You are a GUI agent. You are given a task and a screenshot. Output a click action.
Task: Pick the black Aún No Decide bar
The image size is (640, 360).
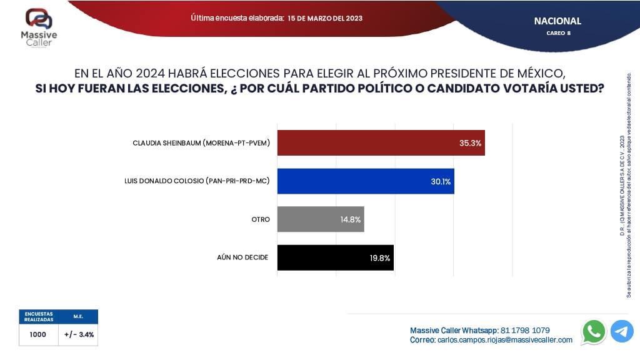pyautogui.click(x=325, y=257)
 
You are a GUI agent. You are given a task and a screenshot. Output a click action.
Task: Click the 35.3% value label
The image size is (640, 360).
pyautogui.click(x=470, y=143)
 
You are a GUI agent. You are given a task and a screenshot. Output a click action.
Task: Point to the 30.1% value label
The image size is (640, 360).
pyautogui.click(x=441, y=182)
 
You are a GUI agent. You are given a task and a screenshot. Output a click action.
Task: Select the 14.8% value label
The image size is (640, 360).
pyautogui.click(x=351, y=220)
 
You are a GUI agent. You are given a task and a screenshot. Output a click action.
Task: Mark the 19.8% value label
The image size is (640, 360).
pyautogui.click(x=379, y=258)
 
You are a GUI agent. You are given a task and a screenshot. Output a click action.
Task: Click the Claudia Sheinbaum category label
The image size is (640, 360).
pyautogui.click(x=201, y=143)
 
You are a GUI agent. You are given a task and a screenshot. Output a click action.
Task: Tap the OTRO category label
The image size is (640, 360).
pyautogui.click(x=260, y=220)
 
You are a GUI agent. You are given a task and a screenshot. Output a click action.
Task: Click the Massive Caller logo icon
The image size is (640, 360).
pyautogui.click(x=39, y=19)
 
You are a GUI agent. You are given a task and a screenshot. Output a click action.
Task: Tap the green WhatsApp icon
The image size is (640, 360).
pyautogui.click(x=593, y=331)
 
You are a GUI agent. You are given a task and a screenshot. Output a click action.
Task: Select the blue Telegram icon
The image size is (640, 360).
pyautogui.click(x=622, y=331)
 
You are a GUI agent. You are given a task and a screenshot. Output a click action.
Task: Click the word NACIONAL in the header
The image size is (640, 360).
pyautogui.click(x=557, y=21)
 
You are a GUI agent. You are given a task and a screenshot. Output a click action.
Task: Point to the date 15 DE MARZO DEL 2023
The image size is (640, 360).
pyautogui.click(x=325, y=18)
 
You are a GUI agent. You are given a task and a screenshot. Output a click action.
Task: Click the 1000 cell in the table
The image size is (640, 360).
pyautogui.click(x=37, y=334)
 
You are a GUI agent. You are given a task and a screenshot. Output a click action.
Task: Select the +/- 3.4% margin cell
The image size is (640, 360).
pyautogui.click(x=79, y=334)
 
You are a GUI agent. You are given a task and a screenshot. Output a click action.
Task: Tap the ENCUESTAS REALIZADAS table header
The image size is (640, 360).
pyautogui.click(x=39, y=316)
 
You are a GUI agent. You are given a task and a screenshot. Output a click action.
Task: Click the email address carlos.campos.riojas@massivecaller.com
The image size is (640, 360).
pyautogui.click(x=504, y=340)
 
